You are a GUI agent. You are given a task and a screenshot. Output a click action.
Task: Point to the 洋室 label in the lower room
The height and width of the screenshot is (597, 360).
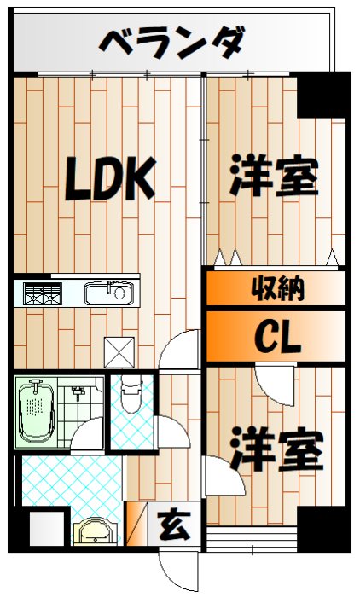(278, 451)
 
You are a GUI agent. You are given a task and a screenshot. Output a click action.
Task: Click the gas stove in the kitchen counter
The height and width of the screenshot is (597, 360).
(38, 294)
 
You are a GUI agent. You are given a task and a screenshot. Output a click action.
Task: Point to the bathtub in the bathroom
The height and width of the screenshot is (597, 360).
(36, 412)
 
